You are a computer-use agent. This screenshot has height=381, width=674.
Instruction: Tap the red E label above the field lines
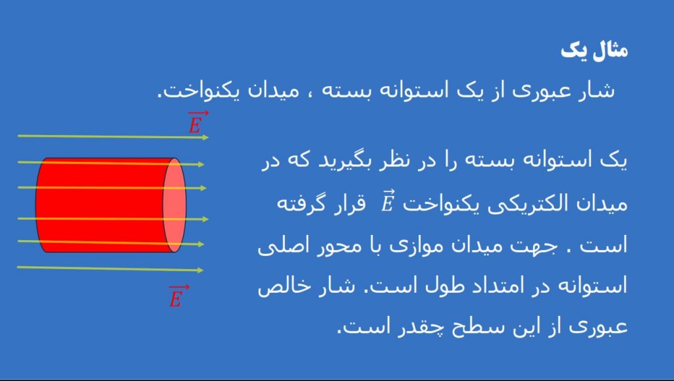tap(197, 122)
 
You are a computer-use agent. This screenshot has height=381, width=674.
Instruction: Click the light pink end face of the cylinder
tap(174, 205)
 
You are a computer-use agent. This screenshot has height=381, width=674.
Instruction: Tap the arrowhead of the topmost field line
tap(205, 138)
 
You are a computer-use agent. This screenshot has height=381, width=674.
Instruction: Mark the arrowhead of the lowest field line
tap(200, 270)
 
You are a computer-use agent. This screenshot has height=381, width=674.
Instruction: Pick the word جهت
tap(536, 245)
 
